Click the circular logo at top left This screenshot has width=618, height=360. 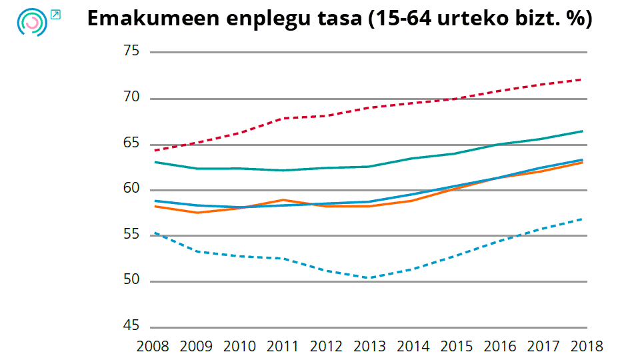point(31,22)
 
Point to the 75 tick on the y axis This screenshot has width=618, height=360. point(131,52)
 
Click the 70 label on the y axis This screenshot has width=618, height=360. point(131,98)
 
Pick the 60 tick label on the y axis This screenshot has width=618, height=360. point(131,189)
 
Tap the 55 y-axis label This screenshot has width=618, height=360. point(131,235)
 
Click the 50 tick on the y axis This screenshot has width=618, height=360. point(131,281)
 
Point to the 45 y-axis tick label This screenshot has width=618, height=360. point(131,327)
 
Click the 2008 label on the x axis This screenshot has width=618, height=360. point(153,347)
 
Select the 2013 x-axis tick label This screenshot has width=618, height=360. point(369,347)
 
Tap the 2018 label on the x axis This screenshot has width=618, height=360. point(586,347)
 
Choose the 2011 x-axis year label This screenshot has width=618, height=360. point(283,347)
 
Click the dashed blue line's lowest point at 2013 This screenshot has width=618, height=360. point(369,277)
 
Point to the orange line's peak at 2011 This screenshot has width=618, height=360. point(283,199)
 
